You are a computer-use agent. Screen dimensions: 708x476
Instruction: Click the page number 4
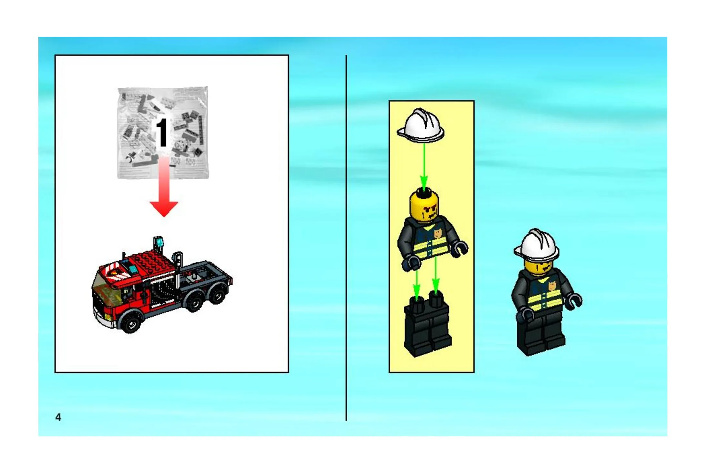[58, 417]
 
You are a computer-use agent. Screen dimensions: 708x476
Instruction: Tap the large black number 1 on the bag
[162, 132]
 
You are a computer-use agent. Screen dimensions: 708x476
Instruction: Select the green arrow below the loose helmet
[424, 166]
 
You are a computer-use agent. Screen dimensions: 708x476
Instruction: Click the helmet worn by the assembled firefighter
[536, 245]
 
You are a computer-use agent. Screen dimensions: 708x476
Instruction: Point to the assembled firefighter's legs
[541, 334]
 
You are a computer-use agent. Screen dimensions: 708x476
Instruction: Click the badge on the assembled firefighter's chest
[552, 285]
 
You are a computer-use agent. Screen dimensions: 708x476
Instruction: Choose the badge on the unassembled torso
[438, 233]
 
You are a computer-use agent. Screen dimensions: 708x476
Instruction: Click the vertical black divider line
[346, 238]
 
